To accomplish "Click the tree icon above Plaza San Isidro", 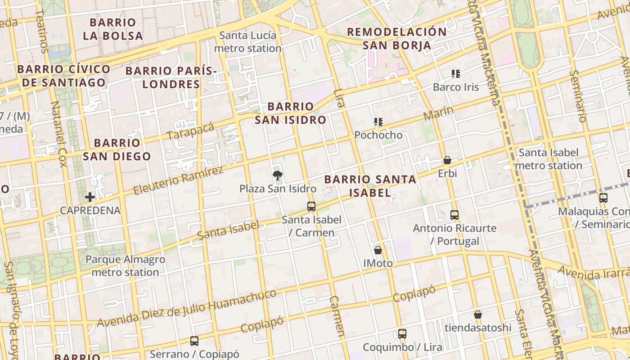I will tap(278, 175).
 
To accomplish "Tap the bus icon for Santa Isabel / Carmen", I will tap(311, 207).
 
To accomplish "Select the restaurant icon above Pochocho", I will tap(378, 121).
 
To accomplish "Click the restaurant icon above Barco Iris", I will tap(456, 73).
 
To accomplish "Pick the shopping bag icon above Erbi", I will tap(447, 160).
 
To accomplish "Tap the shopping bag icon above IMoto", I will tap(378, 250).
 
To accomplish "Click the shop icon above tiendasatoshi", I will tap(478, 314).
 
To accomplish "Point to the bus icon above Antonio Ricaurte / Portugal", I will tap(454, 215).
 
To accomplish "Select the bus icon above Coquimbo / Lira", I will tap(402, 334).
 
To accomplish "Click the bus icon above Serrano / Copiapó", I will tap(194, 341).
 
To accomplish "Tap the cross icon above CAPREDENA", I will tap(90, 197).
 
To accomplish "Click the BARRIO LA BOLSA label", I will tap(113, 29).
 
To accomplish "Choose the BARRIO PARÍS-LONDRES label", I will tap(171, 77).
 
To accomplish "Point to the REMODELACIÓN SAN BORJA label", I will tap(396, 38).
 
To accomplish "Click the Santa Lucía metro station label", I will tap(248, 42).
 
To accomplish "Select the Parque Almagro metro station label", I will tap(125, 266).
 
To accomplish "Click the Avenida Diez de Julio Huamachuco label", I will tap(187, 309).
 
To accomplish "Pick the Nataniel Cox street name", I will tap(59, 134).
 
